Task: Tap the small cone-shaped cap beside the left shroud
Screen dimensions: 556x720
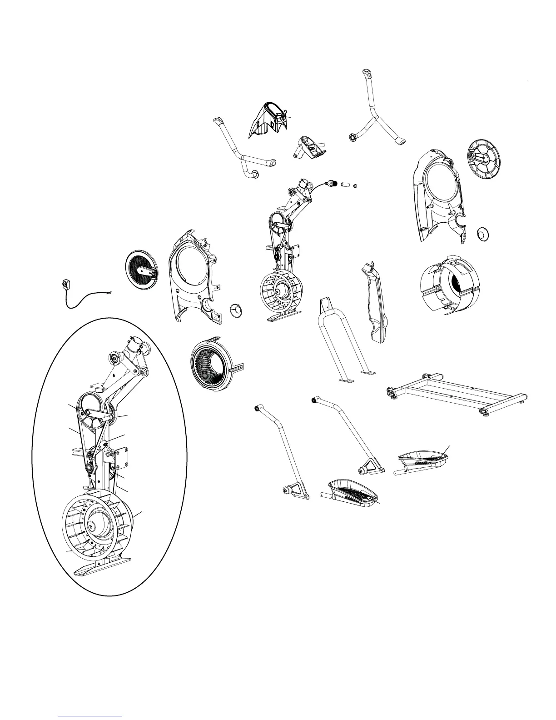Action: pos(237,310)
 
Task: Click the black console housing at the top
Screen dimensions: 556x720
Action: pos(268,119)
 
